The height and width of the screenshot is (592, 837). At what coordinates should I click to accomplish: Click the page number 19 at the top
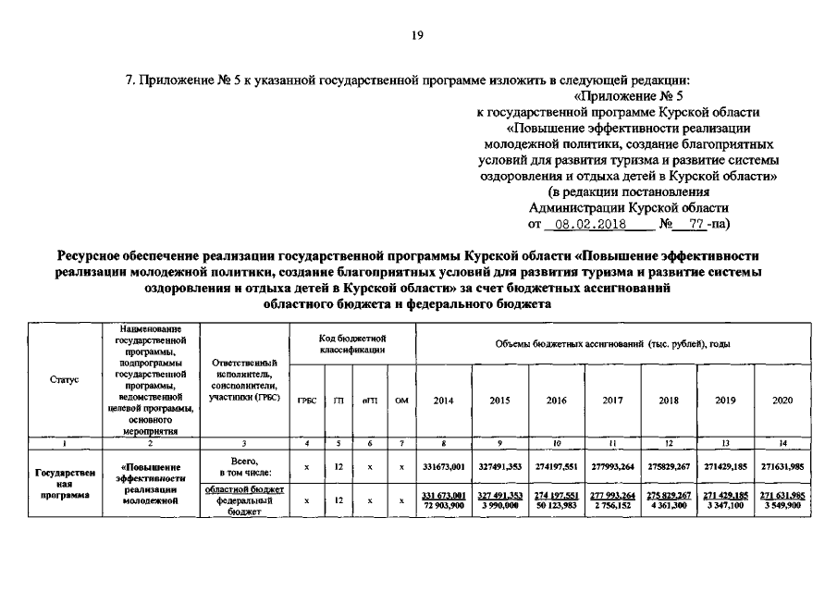tap(417, 36)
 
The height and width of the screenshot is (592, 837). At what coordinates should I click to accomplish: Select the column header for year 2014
tap(444, 400)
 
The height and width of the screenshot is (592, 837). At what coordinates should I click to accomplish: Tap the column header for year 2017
tap(612, 400)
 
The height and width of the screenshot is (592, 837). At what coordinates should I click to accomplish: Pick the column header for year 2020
tap(782, 400)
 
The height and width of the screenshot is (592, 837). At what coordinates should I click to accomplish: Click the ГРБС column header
tap(305, 400)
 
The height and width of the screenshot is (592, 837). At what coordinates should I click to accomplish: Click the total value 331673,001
tap(444, 468)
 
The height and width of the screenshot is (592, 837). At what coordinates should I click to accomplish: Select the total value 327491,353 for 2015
tap(500, 468)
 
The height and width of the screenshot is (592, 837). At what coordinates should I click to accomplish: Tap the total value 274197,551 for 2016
tap(556, 468)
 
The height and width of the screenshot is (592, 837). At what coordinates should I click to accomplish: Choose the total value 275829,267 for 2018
tap(669, 468)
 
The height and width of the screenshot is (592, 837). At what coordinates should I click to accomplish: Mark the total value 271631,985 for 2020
tap(782, 468)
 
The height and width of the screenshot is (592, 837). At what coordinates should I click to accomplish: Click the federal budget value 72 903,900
tap(444, 505)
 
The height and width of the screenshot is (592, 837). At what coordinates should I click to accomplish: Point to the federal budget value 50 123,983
tap(556, 505)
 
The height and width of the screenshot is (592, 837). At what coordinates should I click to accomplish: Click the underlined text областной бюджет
tap(244, 489)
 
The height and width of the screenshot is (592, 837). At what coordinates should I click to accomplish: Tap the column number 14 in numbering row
tap(782, 444)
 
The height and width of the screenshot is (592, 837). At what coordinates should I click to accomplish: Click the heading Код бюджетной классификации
tap(351, 345)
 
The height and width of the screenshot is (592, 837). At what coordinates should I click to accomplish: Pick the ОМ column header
tap(400, 400)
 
